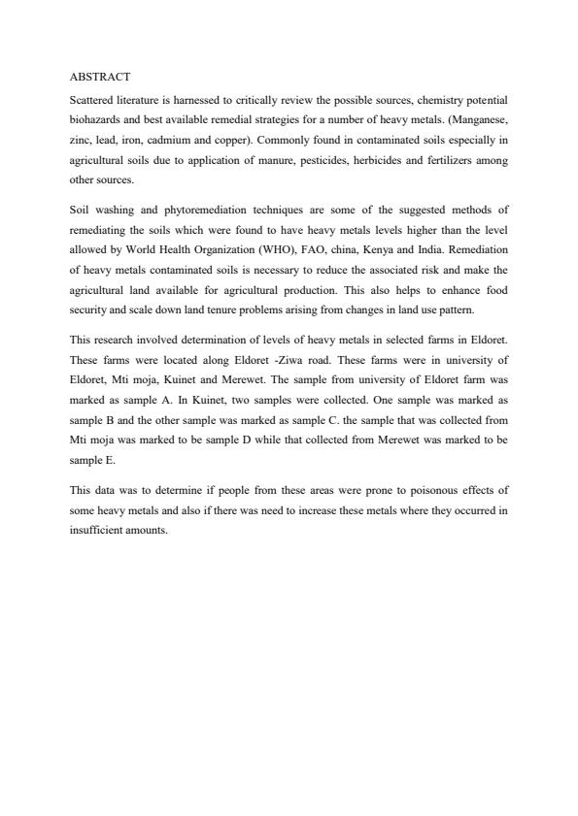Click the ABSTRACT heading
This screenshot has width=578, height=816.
(100, 76)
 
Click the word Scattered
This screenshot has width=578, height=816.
(94, 101)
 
